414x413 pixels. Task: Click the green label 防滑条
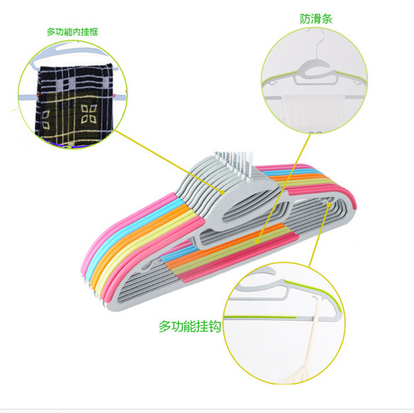[316, 18]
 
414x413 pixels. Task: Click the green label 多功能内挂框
[72, 32]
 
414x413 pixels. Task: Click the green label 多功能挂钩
[189, 327]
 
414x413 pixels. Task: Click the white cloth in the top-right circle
[312, 111]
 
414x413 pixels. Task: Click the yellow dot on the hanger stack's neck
[223, 193]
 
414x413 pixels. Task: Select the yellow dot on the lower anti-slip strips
[258, 241]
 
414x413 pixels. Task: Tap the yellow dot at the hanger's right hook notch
[329, 204]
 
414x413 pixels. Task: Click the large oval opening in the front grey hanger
[252, 208]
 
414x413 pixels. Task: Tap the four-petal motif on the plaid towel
[89, 114]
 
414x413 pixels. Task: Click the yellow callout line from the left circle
[169, 161]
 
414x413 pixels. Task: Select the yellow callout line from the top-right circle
[284, 187]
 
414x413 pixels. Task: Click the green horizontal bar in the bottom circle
[260, 317]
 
